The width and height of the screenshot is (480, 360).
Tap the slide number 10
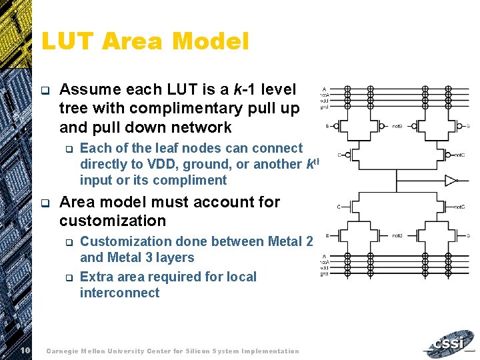[25, 351]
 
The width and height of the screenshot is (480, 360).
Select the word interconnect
[119, 293]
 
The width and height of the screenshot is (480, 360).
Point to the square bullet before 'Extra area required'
[67, 277]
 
